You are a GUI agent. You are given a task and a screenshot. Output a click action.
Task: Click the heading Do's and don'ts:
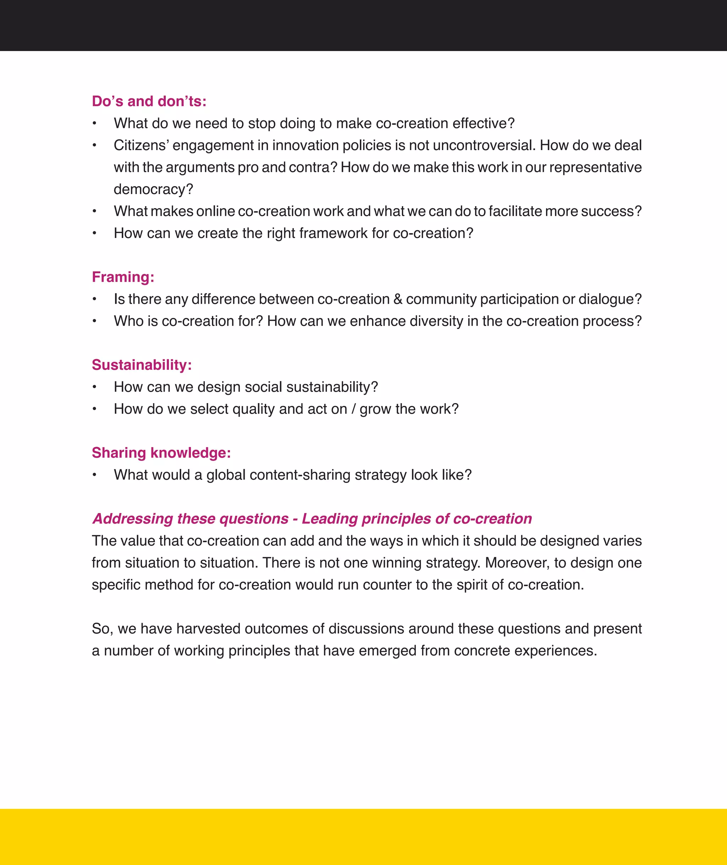coord(149,101)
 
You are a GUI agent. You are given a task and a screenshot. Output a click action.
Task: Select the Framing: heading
coord(123,277)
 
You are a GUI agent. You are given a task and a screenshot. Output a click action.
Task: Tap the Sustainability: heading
coord(141,365)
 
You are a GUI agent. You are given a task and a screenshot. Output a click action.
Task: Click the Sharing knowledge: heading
coord(161,453)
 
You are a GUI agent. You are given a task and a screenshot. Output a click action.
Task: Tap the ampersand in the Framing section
coord(398,299)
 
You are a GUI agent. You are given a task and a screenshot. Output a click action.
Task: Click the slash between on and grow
coord(353,409)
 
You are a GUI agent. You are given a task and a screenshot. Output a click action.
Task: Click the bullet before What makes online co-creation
coord(94,212)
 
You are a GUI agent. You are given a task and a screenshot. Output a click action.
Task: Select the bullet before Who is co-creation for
coord(94,321)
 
